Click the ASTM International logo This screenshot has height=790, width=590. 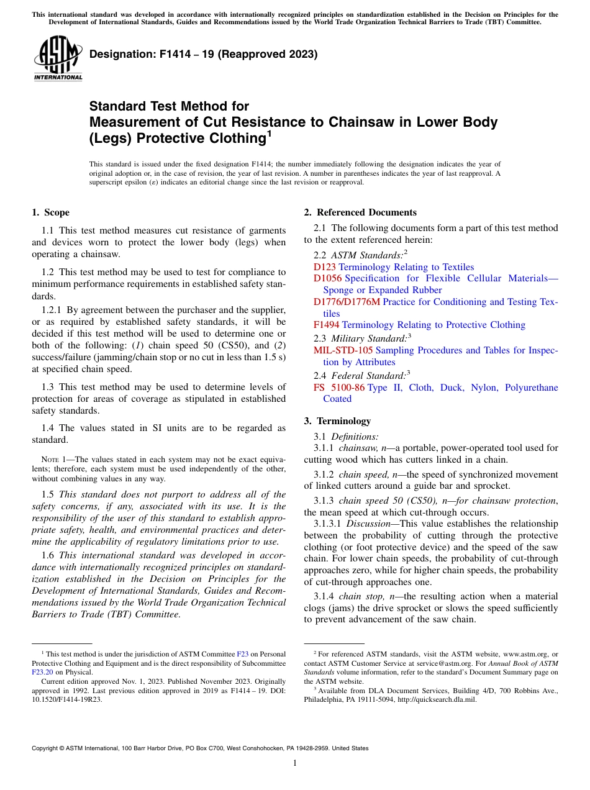tap(57, 58)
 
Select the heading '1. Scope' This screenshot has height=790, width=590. tap(51, 212)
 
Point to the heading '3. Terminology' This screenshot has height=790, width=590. tap(337, 421)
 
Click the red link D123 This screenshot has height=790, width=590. tap(324, 267)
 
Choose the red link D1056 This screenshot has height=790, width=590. tap(327, 279)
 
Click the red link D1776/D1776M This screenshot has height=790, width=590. tap(347, 302)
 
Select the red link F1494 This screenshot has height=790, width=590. tap(326, 325)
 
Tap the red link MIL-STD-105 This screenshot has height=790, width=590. tap(343, 350)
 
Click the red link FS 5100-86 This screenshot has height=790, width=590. tap(339, 388)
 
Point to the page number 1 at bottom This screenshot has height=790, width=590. tap(295, 763)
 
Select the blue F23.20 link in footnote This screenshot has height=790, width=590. tap(43, 671)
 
